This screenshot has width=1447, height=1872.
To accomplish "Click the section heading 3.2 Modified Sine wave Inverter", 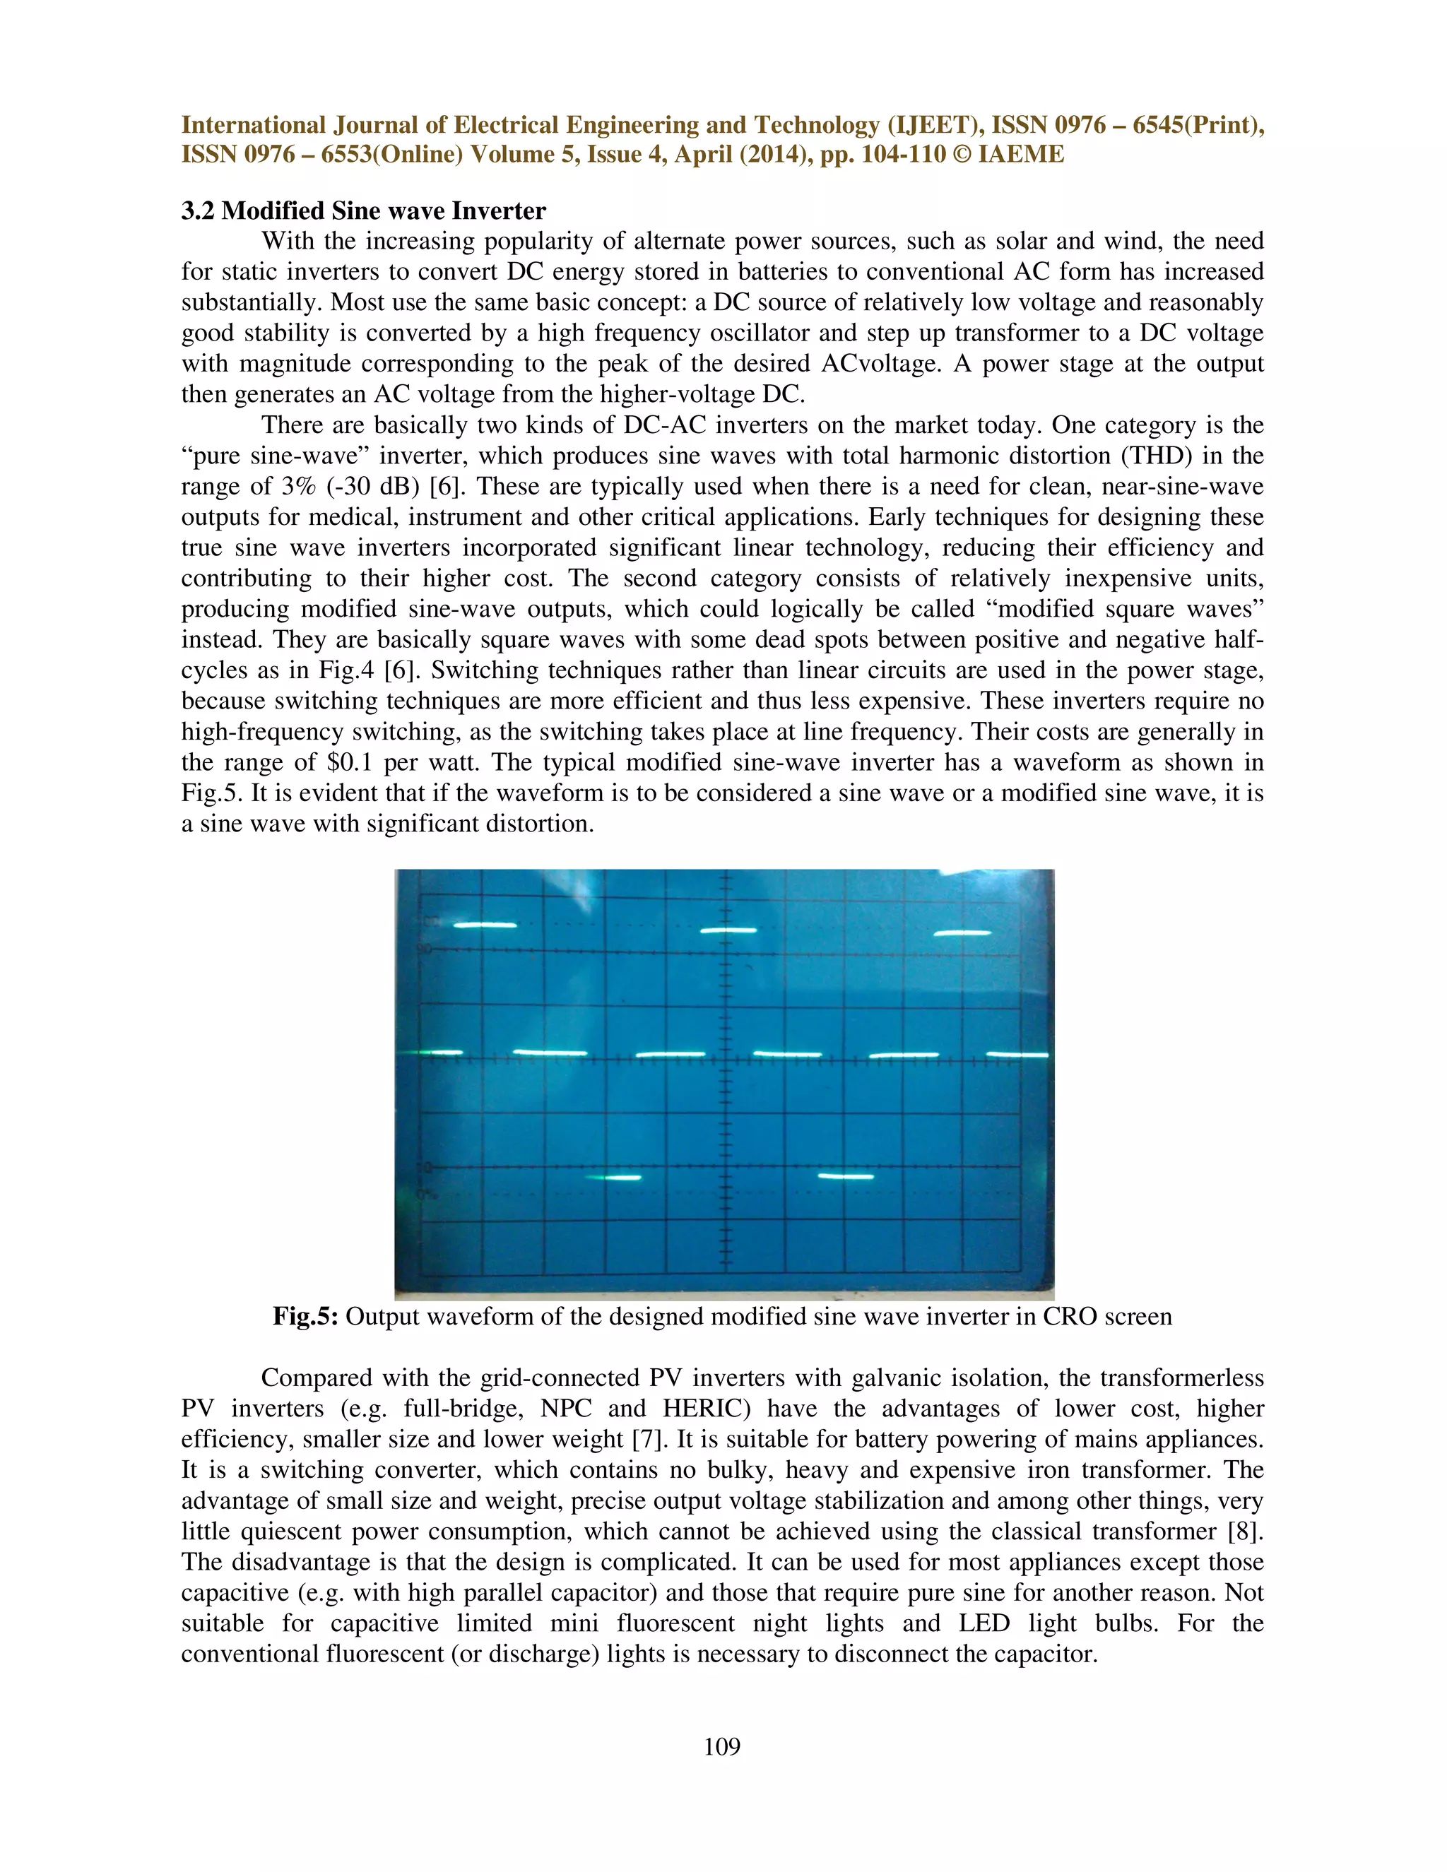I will point(363,211).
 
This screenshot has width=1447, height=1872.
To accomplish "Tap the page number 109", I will point(722,1746).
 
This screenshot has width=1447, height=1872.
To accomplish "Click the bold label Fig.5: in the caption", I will point(306,1316).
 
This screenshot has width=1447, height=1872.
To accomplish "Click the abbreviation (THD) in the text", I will point(1155,456).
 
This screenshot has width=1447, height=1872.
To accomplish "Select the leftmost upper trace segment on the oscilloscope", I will point(485,925).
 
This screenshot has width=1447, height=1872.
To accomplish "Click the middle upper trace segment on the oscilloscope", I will point(728,930).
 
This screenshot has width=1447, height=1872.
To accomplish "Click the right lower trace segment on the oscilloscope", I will point(846,1177).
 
